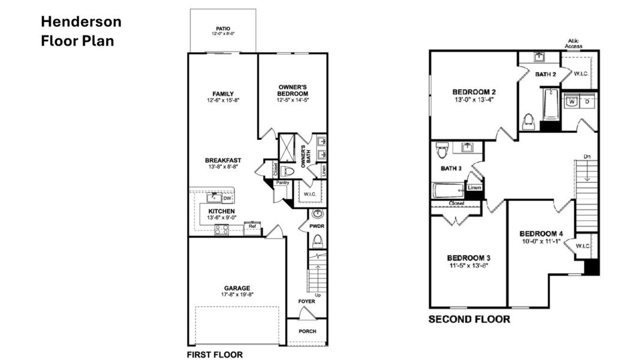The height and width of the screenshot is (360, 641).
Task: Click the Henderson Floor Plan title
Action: tap(81, 32)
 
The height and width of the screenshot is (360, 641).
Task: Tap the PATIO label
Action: tap(223, 28)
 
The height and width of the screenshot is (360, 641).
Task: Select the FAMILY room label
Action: tap(223, 94)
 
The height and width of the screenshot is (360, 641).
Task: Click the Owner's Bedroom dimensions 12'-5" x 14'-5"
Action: tap(293, 100)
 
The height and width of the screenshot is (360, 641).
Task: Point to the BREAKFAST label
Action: tap(223, 160)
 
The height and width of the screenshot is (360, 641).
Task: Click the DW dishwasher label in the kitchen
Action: tap(227, 198)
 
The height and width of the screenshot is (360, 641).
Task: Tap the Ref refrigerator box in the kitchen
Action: tap(252, 226)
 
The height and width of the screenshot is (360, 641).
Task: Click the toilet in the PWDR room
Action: tap(318, 241)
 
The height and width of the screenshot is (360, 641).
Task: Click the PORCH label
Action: tap(307, 332)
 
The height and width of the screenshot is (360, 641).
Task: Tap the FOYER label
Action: tap(307, 301)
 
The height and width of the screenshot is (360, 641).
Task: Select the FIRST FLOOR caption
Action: tap(215, 355)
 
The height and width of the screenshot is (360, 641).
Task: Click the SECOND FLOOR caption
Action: tap(469, 320)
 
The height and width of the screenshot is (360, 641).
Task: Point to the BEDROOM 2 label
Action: tap(474, 92)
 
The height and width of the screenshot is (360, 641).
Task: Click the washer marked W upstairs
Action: tap(572, 101)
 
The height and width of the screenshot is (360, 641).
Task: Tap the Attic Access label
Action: tap(574, 43)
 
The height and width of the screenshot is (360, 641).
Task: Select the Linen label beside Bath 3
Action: tap(474, 188)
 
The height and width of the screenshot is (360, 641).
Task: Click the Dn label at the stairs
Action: tap(588, 157)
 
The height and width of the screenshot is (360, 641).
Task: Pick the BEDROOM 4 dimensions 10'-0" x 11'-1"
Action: tap(540, 241)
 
